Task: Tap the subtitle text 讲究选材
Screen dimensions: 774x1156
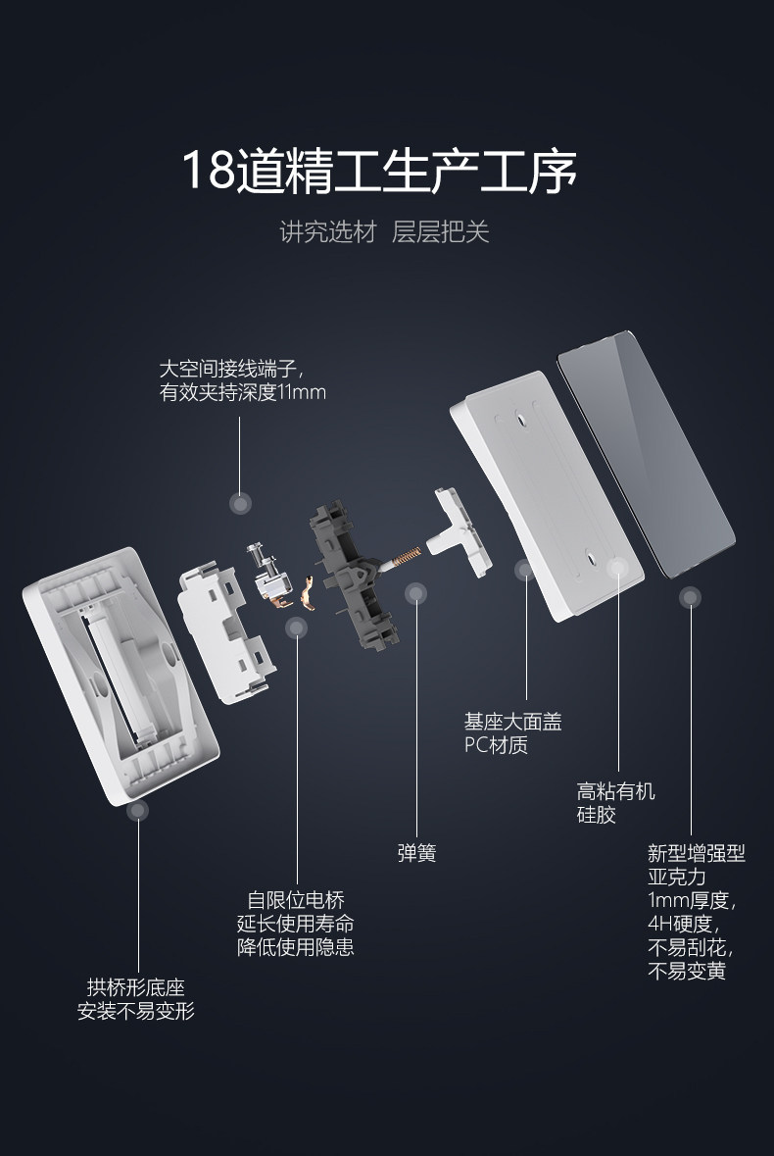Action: pyautogui.click(x=327, y=232)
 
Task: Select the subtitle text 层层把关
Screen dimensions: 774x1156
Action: pyautogui.click(x=440, y=232)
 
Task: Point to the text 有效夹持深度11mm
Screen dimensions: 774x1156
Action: pyautogui.click(x=243, y=392)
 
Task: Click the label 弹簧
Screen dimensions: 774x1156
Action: pyautogui.click(x=416, y=852)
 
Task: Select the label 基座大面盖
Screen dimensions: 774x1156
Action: pyautogui.click(x=512, y=723)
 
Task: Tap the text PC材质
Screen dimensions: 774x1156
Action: pyautogui.click(x=496, y=745)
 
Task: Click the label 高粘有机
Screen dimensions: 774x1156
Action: pyautogui.click(x=615, y=791)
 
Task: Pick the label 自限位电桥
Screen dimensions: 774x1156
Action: pyautogui.click(x=296, y=900)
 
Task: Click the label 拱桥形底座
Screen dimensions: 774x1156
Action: pyautogui.click(x=135, y=987)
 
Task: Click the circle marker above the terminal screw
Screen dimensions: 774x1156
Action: pyautogui.click(x=241, y=504)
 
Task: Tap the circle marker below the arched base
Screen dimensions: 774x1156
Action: pyautogui.click(x=138, y=810)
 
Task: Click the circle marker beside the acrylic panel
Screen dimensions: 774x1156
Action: pyautogui.click(x=691, y=596)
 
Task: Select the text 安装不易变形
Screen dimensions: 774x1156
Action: pyautogui.click(x=135, y=1010)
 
